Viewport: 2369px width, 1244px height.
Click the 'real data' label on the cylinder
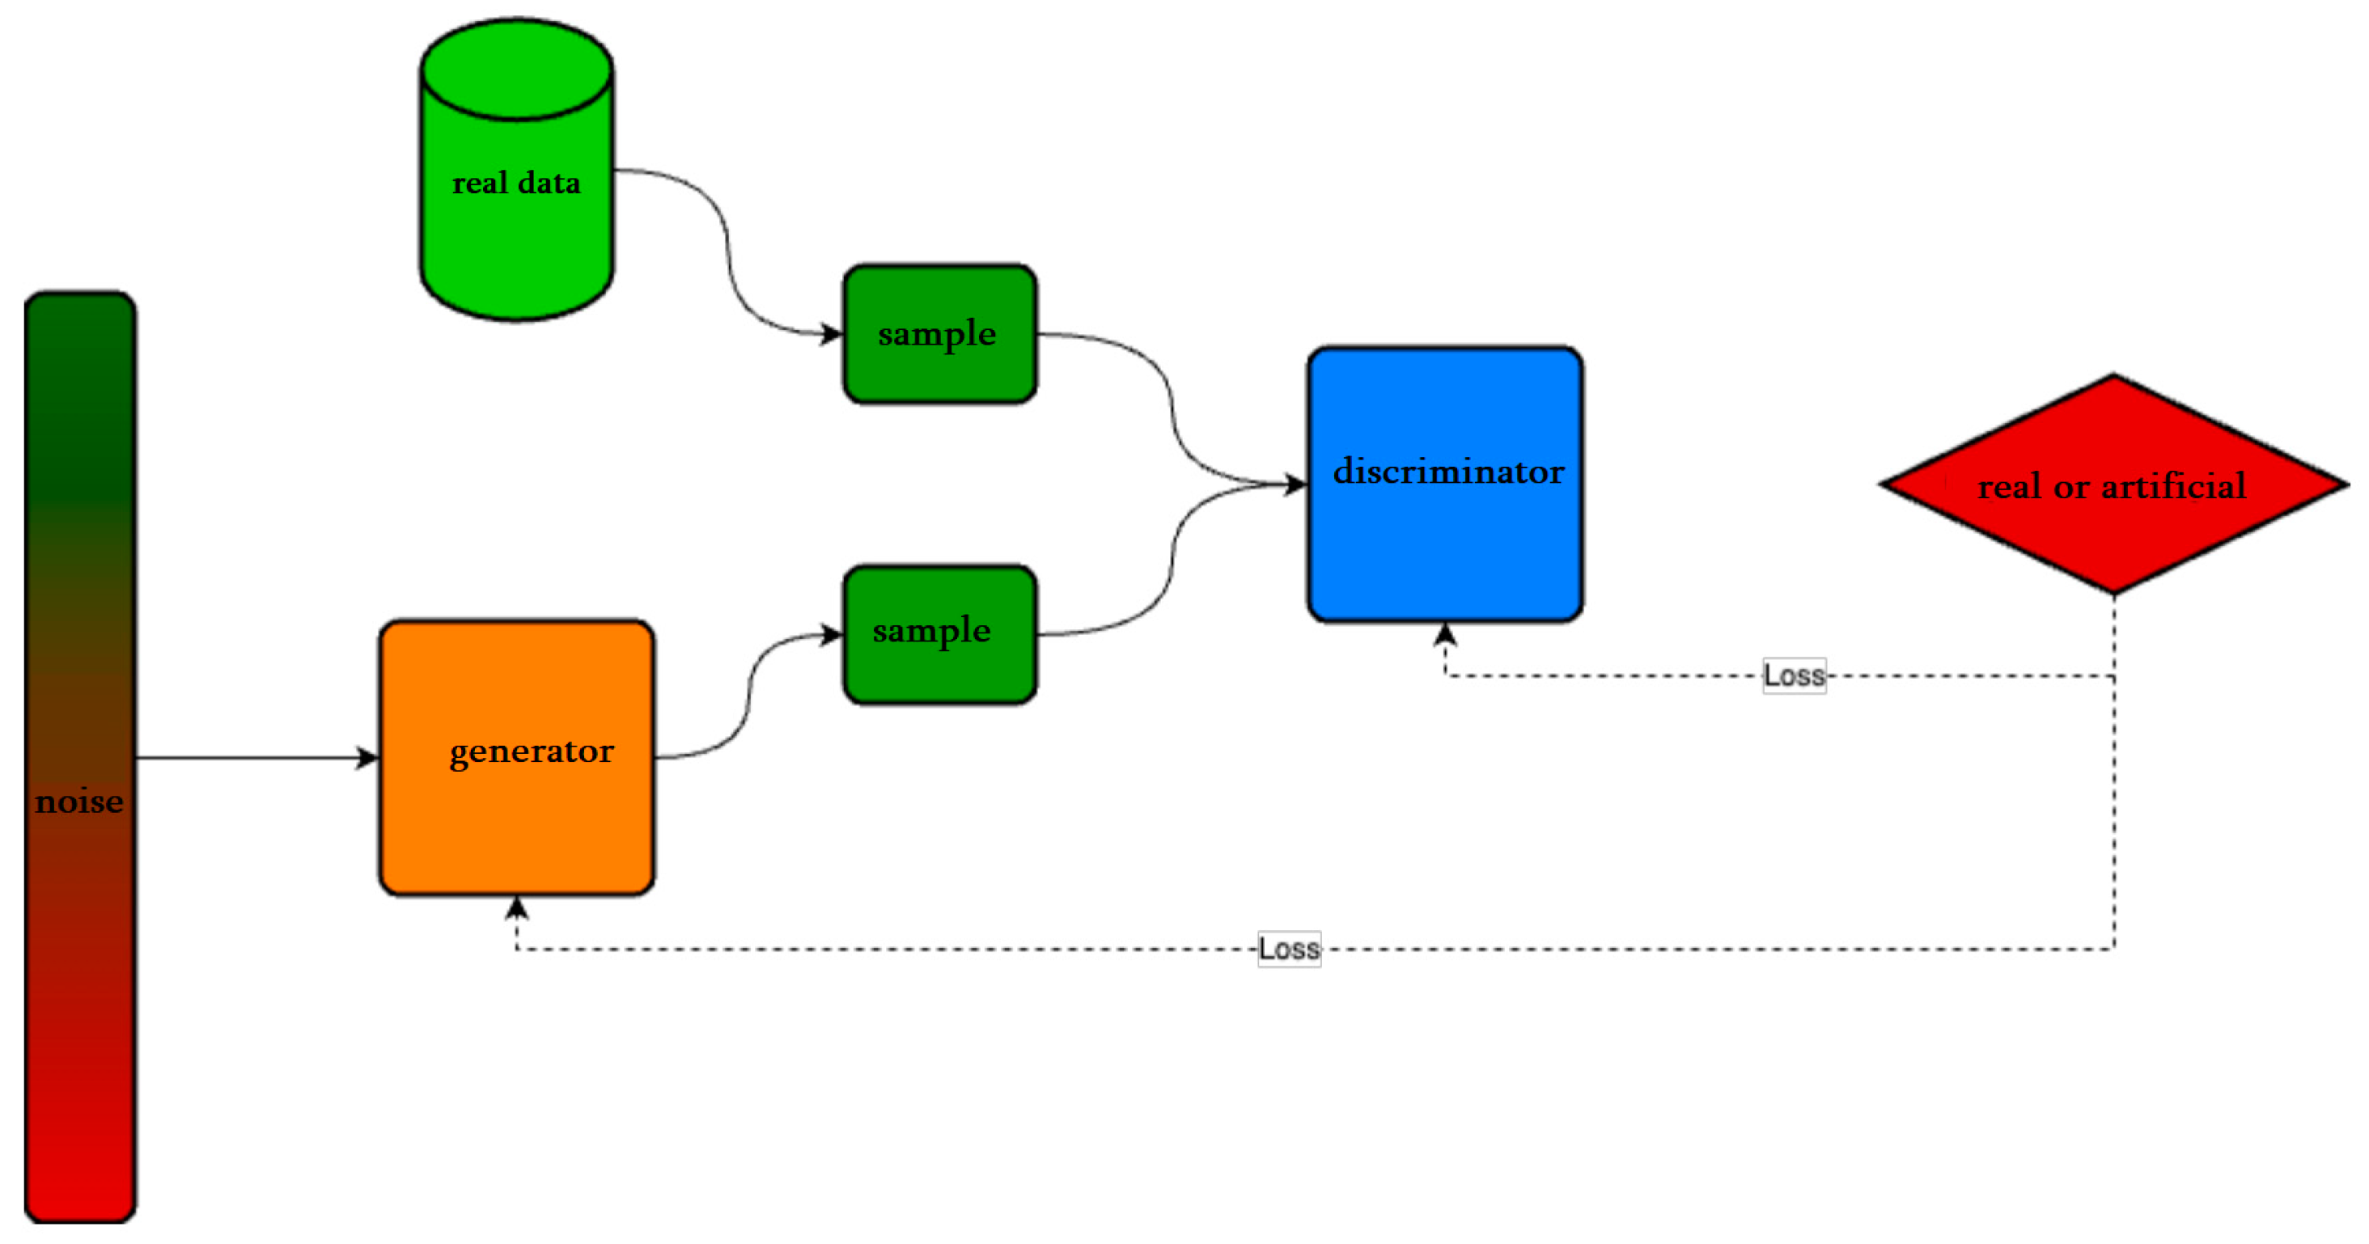[516, 183]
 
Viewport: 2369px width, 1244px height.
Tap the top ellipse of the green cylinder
[517, 69]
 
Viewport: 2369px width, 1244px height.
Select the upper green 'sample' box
[939, 334]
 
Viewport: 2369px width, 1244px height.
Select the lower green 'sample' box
[939, 634]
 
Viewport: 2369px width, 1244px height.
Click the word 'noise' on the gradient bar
[80, 802]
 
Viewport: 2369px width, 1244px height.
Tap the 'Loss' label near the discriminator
[1793, 675]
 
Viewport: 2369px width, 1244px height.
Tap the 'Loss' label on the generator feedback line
[1288, 949]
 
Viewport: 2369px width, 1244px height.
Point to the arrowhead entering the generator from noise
[369, 758]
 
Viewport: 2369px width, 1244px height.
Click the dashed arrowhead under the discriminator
[1445, 634]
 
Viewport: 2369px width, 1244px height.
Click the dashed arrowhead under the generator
[517, 908]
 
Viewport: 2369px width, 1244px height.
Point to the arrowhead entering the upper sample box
[833, 334]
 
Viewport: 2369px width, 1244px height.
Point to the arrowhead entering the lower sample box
[833, 634]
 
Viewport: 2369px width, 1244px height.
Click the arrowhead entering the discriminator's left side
[1296, 484]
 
